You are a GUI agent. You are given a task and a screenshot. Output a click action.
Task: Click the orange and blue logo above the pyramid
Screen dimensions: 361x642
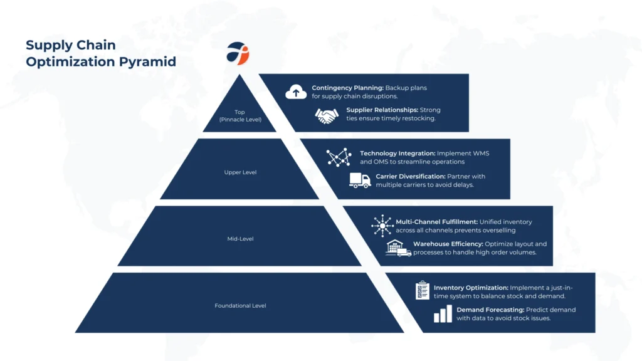point(238,53)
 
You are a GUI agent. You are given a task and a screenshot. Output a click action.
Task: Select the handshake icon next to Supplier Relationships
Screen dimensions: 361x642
point(326,115)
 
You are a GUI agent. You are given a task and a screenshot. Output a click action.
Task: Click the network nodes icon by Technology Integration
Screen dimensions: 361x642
point(339,158)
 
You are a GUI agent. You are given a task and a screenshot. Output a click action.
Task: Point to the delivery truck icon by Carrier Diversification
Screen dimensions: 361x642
point(360,180)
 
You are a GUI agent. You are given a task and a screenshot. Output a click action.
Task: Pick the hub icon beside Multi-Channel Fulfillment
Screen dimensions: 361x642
point(381,226)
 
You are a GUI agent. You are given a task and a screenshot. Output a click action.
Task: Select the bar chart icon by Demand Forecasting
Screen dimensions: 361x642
point(443,313)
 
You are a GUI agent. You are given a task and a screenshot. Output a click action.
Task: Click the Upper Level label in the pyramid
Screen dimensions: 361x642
point(240,172)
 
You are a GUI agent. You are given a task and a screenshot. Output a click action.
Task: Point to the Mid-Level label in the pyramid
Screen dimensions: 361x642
point(240,239)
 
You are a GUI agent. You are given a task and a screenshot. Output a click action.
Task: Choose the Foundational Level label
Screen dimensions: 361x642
point(240,306)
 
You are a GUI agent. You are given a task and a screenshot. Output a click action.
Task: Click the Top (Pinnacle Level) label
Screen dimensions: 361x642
point(239,115)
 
